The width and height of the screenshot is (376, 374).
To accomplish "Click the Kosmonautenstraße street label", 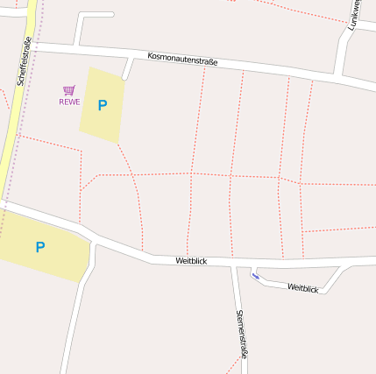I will [182, 59].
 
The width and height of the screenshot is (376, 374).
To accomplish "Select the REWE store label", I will [69, 102].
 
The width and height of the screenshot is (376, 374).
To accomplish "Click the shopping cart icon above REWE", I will [69, 90].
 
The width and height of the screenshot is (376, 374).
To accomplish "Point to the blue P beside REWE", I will [103, 105].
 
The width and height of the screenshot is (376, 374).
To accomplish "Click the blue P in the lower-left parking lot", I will [39, 248].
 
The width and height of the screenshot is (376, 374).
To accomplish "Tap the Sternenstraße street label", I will [242, 334].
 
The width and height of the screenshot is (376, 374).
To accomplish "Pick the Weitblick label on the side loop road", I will [302, 287].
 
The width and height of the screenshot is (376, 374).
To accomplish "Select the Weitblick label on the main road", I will [190, 260].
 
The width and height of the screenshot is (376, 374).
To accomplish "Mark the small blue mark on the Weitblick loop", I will [255, 277].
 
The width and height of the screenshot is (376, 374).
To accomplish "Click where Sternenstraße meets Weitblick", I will [234, 265].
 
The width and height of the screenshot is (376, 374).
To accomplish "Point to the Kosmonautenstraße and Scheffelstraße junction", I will [32, 43].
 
